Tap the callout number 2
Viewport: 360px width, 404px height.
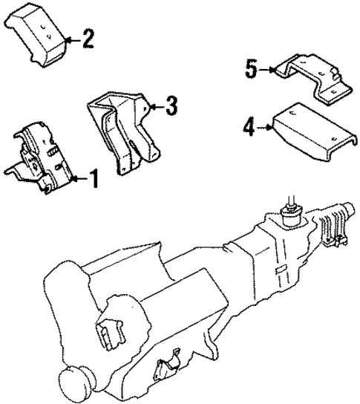tap(88, 38)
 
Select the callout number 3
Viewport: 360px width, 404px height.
tap(171, 108)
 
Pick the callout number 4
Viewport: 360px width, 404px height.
tap(247, 128)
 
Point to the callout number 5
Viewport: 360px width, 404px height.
tap(251, 70)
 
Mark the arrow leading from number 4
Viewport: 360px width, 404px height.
tap(265, 128)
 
